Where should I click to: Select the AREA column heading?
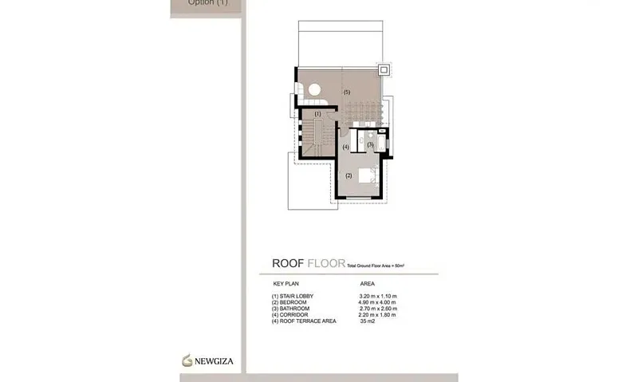368,283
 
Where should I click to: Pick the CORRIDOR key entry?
291,315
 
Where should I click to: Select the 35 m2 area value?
368,321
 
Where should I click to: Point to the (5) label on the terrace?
346,93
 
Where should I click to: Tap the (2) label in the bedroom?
349,175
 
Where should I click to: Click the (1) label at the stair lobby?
317,113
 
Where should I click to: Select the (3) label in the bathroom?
370,144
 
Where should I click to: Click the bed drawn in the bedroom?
368,176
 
